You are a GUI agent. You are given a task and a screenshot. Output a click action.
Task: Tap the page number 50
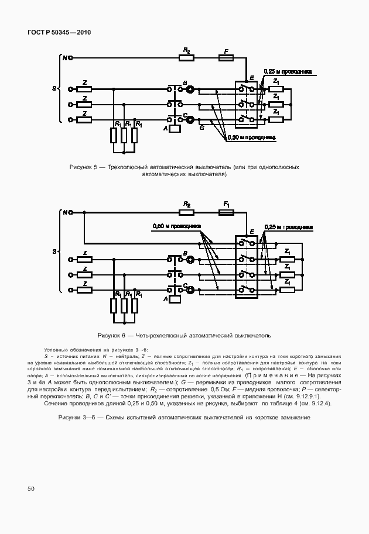(x=30, y=488)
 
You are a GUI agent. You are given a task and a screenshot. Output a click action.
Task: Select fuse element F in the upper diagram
(x=225, y=57)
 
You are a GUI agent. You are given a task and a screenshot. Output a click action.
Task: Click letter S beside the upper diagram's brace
(x=54, y=88)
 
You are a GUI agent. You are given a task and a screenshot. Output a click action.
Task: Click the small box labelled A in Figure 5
(x=175, y=128)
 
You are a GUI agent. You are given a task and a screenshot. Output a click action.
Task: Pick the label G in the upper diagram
(x=201, y=127)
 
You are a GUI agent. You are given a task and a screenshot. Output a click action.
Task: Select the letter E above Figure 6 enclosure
(x=251, y=232)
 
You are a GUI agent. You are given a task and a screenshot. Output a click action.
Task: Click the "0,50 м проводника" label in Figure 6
(x=176, y=225)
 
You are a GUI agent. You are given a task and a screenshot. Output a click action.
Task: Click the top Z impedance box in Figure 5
(x=85, y=89)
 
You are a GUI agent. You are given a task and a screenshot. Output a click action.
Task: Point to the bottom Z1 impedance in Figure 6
(x=287, y=289)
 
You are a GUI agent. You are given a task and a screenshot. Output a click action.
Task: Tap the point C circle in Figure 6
(x=190, y=288)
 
